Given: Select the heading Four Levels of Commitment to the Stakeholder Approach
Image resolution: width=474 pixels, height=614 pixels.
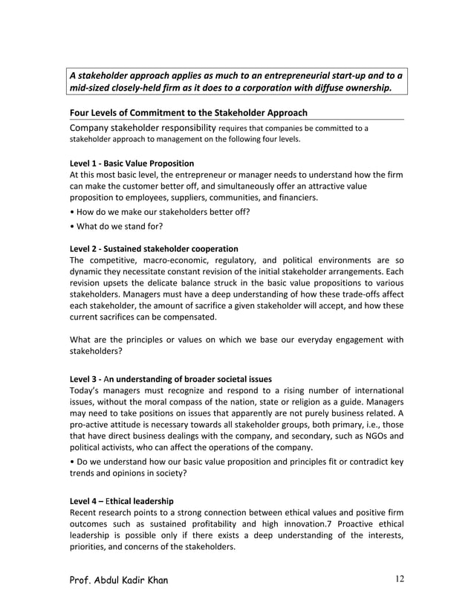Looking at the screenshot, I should pos(188,112).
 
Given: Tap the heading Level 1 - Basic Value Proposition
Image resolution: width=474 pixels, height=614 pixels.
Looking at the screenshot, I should pos(132,163).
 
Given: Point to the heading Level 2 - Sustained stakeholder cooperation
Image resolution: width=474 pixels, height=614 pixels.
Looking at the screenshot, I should pos(153,248).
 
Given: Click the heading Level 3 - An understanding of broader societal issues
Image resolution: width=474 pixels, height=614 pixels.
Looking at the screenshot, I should pos(170,379).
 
